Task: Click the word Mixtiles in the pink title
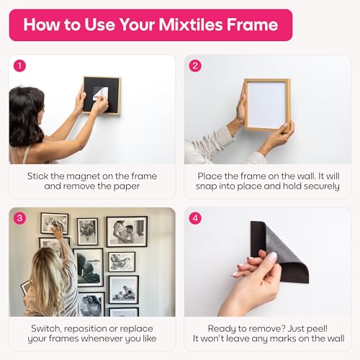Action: coord(191,24)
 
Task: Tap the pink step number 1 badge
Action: coord(19,66)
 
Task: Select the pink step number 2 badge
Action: coord(195,66)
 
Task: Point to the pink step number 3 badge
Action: coord(19,218)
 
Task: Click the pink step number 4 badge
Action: coord(195,218)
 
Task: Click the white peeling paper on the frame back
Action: coord(100,94)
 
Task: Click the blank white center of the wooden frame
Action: coord(266,105)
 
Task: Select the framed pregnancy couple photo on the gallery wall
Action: coord(127,232)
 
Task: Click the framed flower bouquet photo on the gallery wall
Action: coord(88,232)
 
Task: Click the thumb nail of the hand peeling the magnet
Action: coord(272,257)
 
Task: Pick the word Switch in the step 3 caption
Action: coord(46,329)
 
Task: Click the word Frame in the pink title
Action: coord(253,24)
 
